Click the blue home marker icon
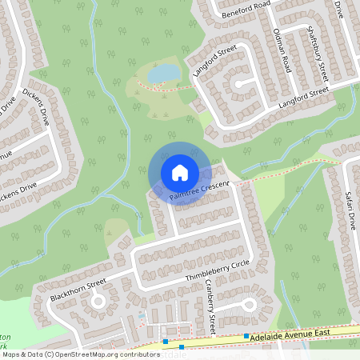tap(180, 172)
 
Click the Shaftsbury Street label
tap(318, 53)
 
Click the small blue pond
tap(165, 74)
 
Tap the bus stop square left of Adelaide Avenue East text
tap(246, 336)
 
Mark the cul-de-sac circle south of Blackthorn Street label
tap(98, 302)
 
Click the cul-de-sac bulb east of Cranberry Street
tap(249, 305)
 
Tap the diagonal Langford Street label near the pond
tap(214, 63)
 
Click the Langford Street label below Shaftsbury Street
tap(303, 98)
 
